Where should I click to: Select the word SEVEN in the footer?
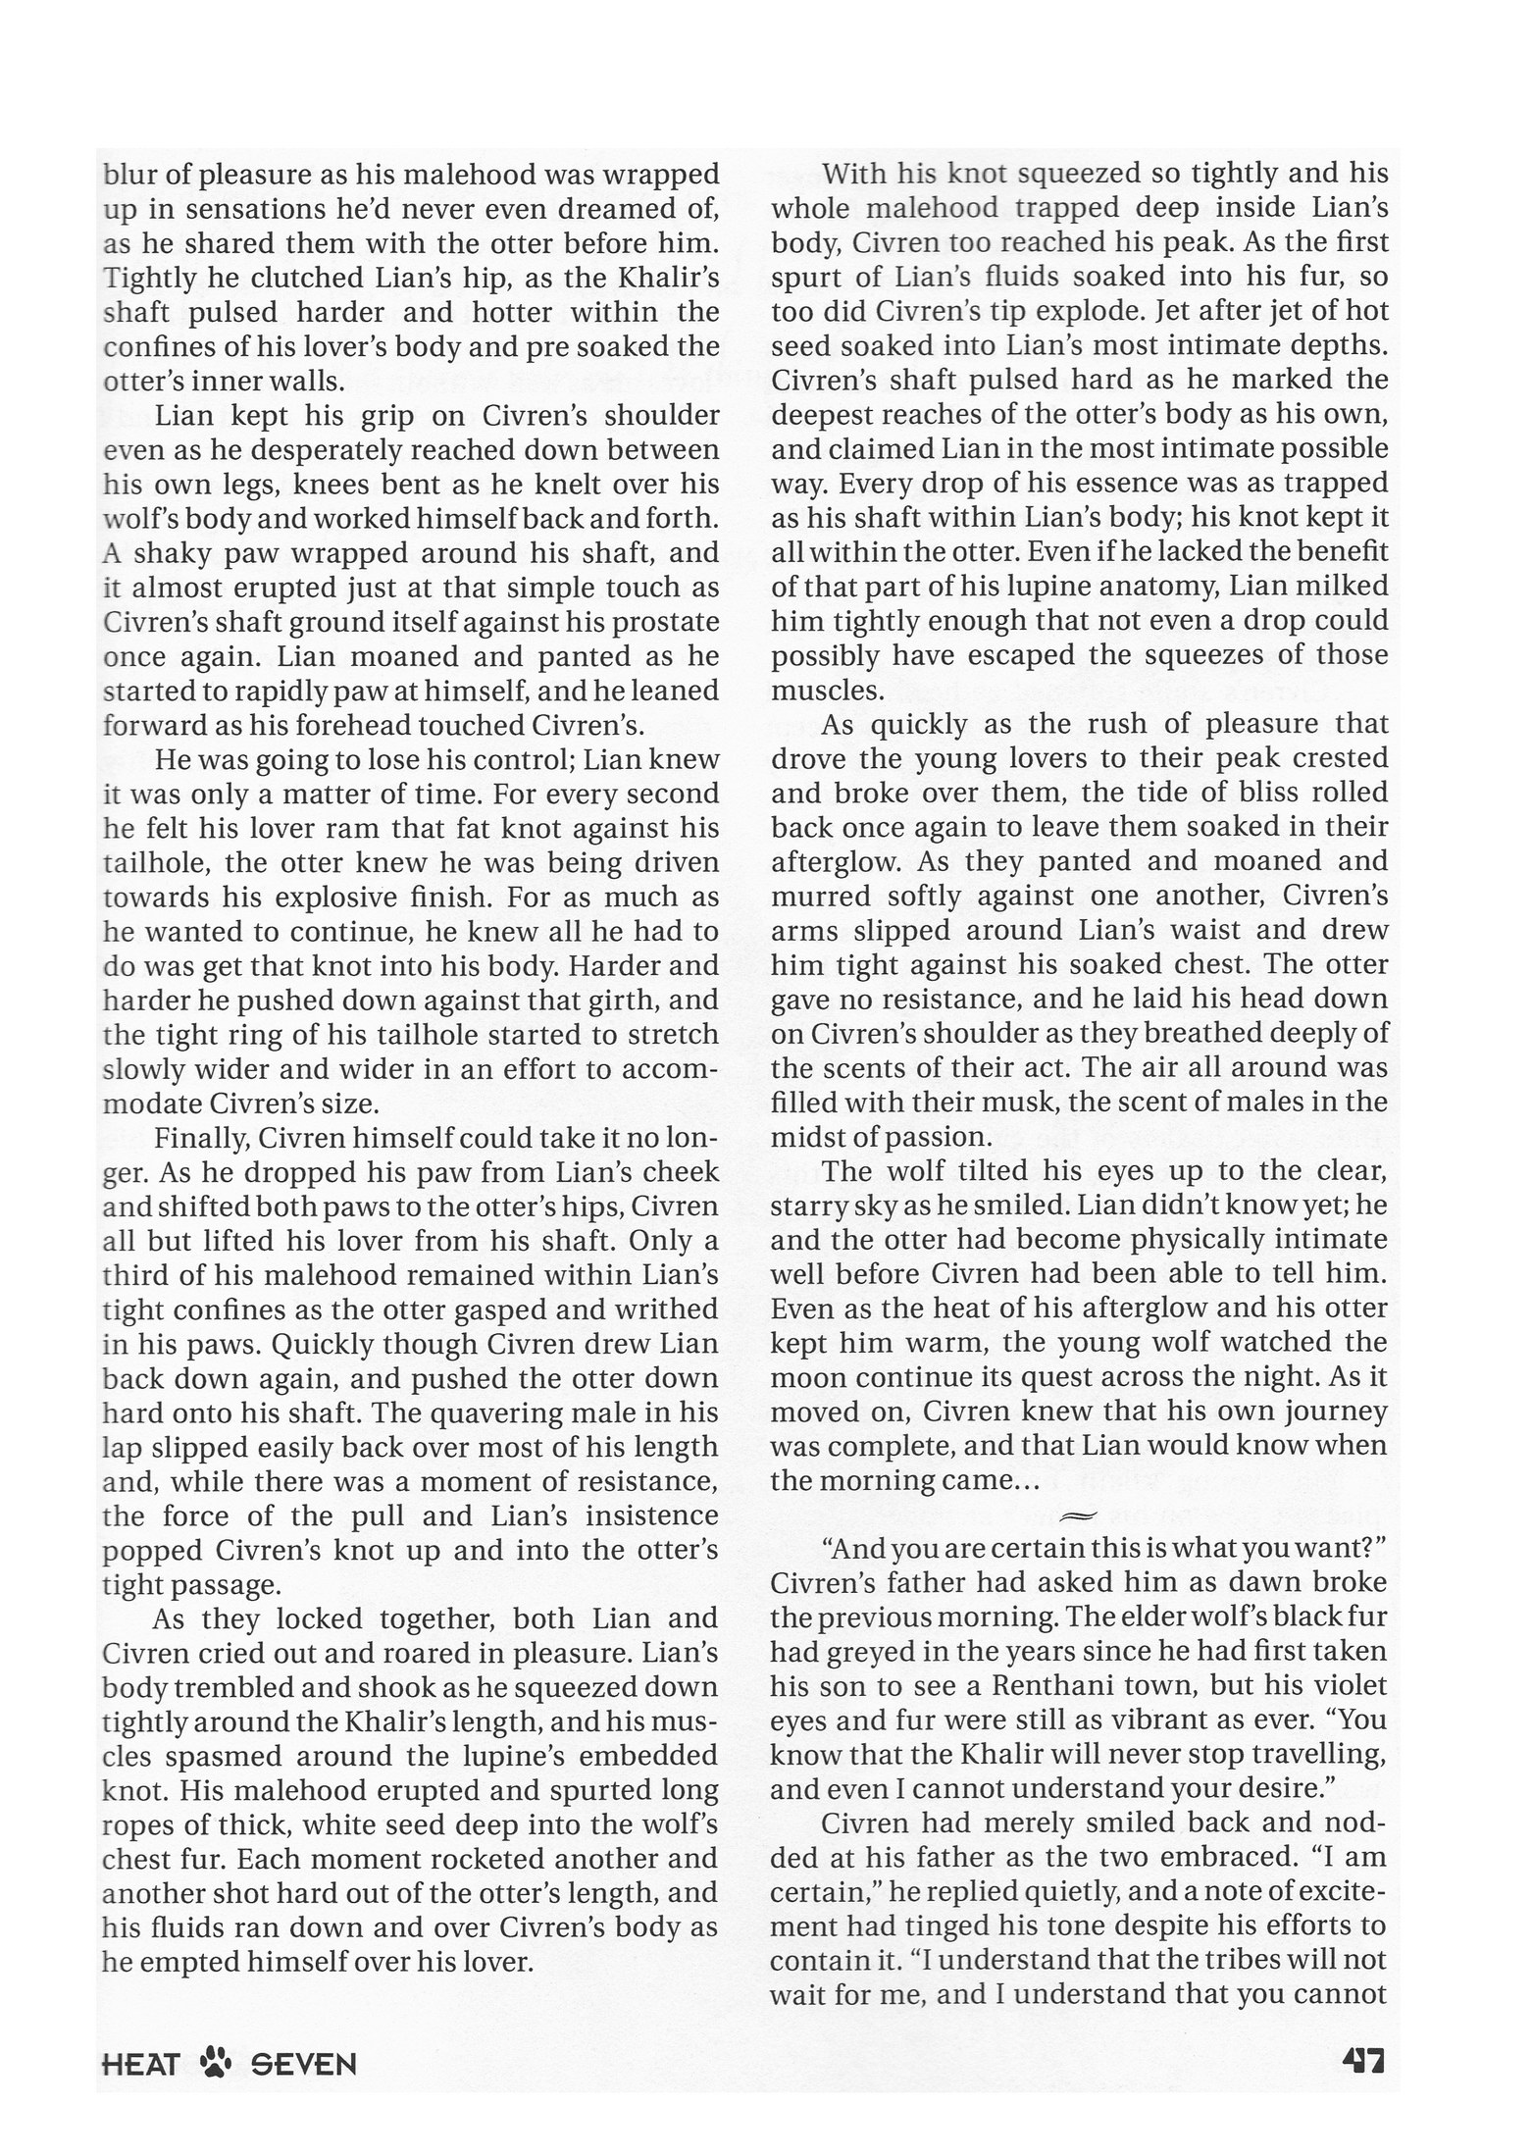click(x=303, y=2065)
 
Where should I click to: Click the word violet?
click(x=1348, y=1685)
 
